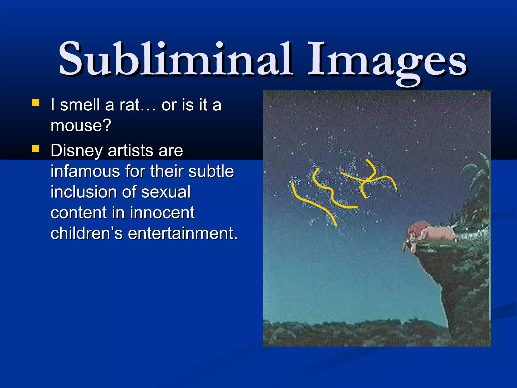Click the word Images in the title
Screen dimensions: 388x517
click(387, 61)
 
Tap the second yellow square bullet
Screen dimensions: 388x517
click(35, 149)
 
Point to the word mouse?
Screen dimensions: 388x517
click(81, 125)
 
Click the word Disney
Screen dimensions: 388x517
click(76, 151)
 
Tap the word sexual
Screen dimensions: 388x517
click(166, 192)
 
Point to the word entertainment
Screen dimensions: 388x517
click(183, 233)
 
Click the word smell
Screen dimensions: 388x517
click(80, 105)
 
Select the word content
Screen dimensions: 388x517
click(79, 213)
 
